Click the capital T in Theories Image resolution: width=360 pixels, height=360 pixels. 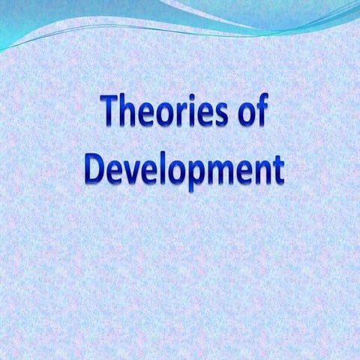[109, 115]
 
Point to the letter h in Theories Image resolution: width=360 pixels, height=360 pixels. [127, 115]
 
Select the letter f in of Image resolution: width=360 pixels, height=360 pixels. [262, 114]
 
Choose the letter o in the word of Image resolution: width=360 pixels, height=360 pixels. [244, 118]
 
